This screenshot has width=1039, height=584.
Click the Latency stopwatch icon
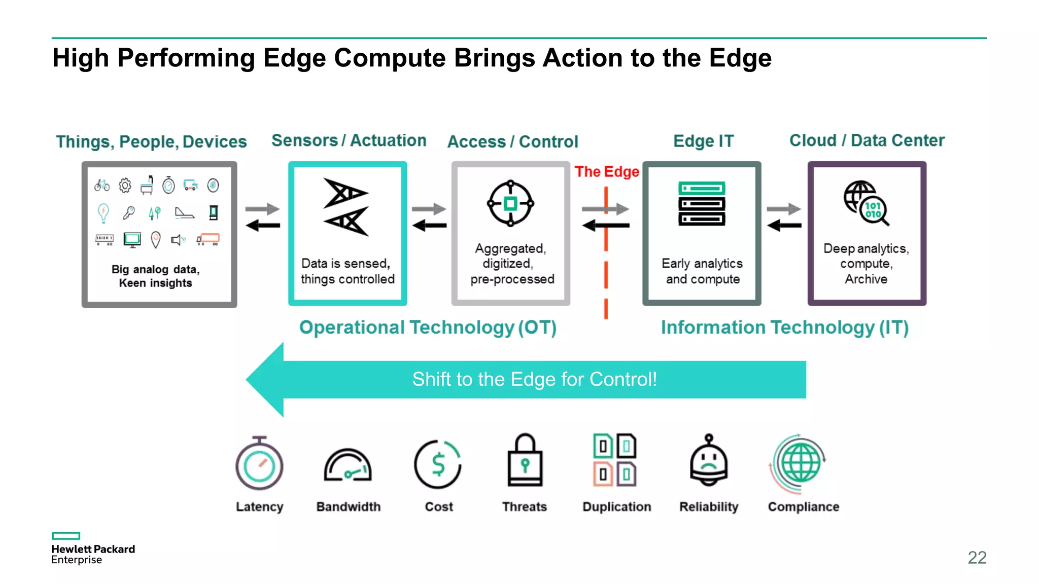tap(259, 464)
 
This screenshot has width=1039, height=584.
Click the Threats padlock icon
tap(525, 461)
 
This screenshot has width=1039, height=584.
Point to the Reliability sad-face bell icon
tap(709, 461)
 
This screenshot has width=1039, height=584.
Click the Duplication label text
tap(616, 506)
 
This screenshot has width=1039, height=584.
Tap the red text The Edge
tap(607, 172)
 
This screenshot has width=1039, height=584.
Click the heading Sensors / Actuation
tap(349, 140)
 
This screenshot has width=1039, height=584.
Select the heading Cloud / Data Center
tap(867, 140)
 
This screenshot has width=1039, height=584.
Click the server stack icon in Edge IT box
tap(702, 204)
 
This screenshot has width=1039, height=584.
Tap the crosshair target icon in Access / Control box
tap(510, 204)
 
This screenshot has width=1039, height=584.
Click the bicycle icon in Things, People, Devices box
tap(102, 186)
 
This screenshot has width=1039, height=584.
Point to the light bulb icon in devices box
tap(103, 212)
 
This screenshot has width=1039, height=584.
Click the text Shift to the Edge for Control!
tap(534, 379)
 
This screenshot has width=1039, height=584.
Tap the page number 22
tap(977, 558)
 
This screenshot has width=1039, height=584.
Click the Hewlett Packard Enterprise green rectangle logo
tap(66, 536)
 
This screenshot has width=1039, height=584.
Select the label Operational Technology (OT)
tap(428, 327)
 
